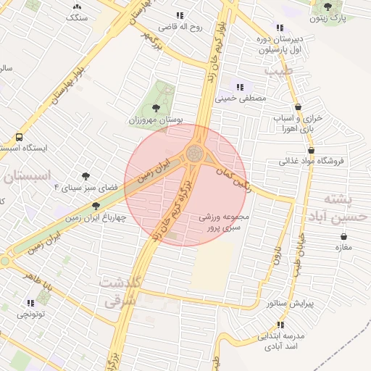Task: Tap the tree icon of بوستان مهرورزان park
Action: pos(157,108)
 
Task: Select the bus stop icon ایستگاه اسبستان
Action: pos(18,136)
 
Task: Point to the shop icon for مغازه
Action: pos(343,237)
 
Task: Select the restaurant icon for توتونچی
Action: pos(30,303)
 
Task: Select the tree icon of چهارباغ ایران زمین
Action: pos(96,206)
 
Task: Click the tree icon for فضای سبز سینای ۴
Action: pos(86,176)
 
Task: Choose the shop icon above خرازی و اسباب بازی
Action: pos(299,107)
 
